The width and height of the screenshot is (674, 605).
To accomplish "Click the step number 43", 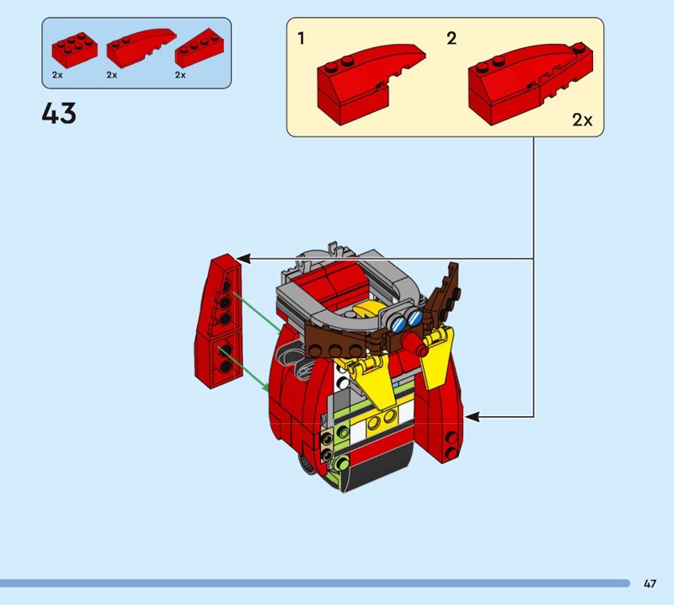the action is click(59, 113).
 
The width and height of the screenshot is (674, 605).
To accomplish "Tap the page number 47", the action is click(650, 583).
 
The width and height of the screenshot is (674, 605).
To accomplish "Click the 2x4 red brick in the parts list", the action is click(74, 50).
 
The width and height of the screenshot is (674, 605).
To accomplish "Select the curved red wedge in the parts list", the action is click(142, 47).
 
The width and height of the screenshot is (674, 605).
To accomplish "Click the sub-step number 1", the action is click(301, 38).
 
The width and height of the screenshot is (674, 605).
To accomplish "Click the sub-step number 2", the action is click(452, 38).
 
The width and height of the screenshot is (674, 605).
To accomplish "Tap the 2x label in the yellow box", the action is click(582, 120).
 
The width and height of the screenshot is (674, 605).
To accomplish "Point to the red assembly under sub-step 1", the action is click(371, 84).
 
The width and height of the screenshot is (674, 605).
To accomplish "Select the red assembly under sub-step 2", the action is click(530, 84).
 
